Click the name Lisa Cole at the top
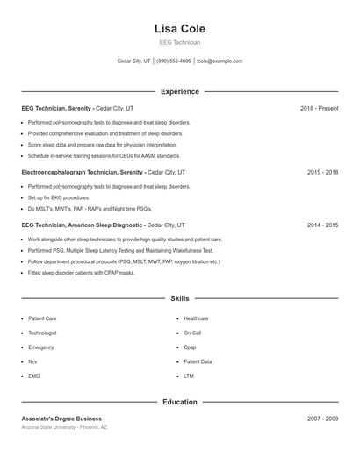(x=179, y=29)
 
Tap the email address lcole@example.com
(x=220, y=61)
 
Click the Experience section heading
(x=179, y=91)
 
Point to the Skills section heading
(x=179, y=298)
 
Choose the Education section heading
(x=179, y=402)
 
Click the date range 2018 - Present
(x=319, y=108)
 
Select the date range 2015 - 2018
(x=322, y=173)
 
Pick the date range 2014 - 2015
(x=322, y=225)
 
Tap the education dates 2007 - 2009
(x=322, y=418)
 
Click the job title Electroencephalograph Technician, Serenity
(x=83, y=173)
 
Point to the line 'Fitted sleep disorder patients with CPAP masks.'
(x=81, y=273)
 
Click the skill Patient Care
(x=42, y=318)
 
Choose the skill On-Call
(x=192, y=333)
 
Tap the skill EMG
(x=34, y=376)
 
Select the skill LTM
(x=189, y=376)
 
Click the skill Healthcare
(x=196, y=318)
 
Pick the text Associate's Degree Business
(x=61, y=418)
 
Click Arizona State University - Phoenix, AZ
(x=64, y=427)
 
